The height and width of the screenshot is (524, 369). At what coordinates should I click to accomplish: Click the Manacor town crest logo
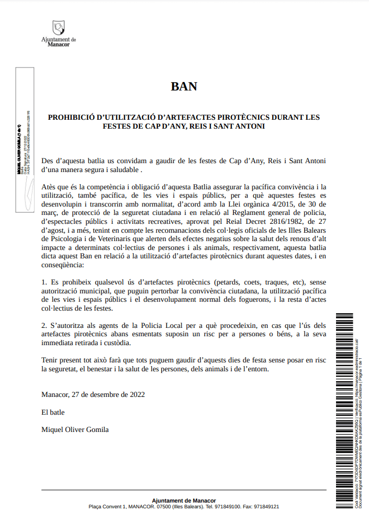pyautogui.click(x=59, y=27)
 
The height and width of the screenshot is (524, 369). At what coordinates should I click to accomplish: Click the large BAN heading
pyautogui.click(x=184, y=86)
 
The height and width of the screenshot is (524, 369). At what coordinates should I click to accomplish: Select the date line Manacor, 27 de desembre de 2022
pyautogui.click(x=93, y=394)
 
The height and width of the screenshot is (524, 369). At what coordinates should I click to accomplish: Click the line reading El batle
pyautogui.click(x=53, y=412)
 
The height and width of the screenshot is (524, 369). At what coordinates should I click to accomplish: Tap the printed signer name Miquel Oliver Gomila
pyautogui.click(x=75, y=429)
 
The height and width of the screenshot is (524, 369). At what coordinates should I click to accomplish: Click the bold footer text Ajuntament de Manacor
pyautogui.click(x=184, y=500)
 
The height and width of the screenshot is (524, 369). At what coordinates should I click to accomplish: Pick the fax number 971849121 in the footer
pyautogui.click(x=266, y=507)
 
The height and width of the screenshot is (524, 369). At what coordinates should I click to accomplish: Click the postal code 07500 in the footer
pyautogui.click(x=164, y=507)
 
